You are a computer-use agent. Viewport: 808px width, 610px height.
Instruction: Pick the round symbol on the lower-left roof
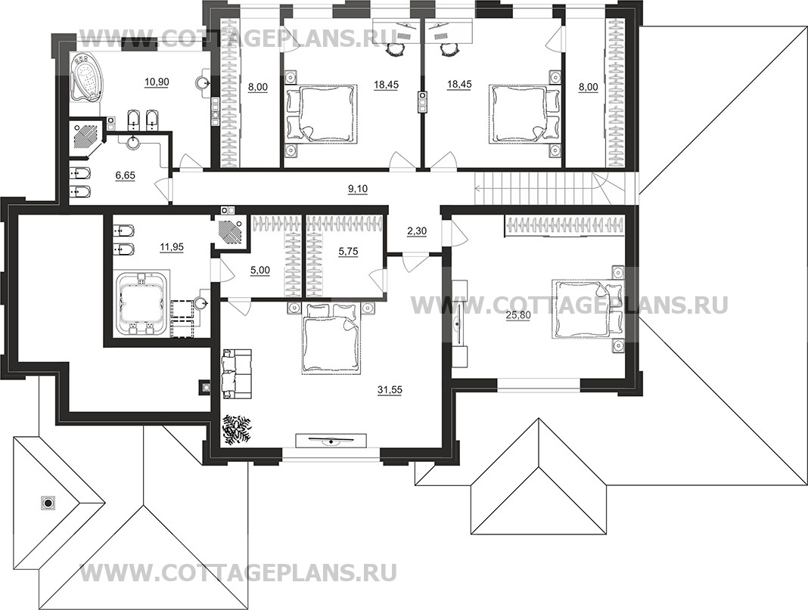[x=48, y=502]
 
